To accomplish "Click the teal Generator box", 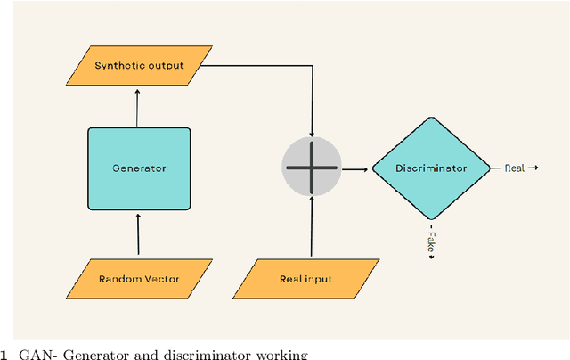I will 139,168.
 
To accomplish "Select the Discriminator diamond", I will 431,168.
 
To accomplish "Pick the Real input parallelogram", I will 305,279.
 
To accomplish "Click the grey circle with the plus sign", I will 311,168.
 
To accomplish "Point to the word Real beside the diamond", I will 515,167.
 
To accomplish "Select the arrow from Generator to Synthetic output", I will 137,102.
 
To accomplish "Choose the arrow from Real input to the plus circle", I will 311,227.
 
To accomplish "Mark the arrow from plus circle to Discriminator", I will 354,168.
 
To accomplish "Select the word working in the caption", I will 282,353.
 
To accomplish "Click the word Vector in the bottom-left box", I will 159,279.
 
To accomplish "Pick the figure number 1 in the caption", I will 4,353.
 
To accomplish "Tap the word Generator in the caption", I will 89,353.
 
